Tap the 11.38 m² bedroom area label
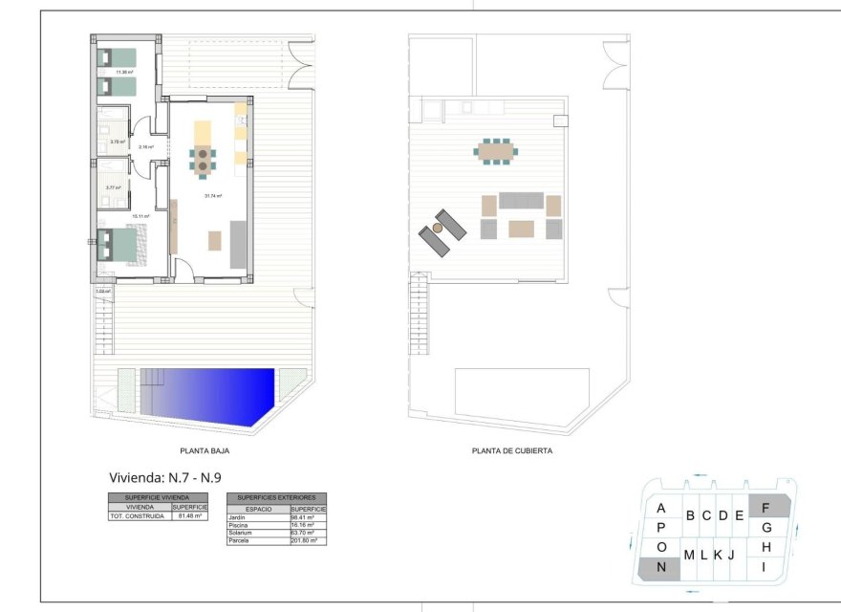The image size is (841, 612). [x=124, y=72]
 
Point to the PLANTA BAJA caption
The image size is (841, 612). [x=205, y=450]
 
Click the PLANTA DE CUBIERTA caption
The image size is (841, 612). [x=511, y=450]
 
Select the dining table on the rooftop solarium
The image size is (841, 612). [x=496, y=150]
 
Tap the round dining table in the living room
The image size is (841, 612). [x=203, y=159]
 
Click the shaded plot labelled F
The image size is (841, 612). [x=767, y=508]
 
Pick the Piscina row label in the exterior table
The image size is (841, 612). [x=239, y=525]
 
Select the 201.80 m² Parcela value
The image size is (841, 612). [x=307, y=541]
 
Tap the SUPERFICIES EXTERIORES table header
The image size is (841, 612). [x=276, y=498]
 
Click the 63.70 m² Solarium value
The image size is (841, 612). [x=307, y=533]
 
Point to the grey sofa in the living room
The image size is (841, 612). [x=238, y=244]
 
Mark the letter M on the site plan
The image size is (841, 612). [x=688, y=555]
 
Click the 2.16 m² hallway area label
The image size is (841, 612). [x=145, y=146]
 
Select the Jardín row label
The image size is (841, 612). [x=238, y=517]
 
